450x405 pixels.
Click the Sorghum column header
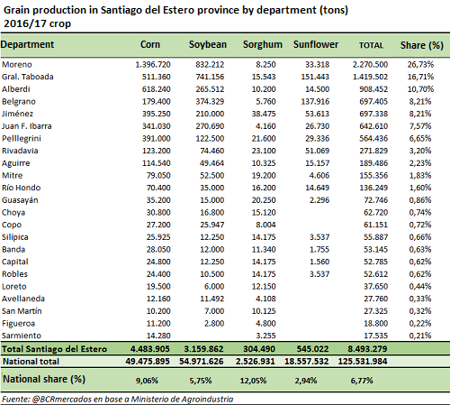point(263,44)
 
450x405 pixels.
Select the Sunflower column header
point(316,44)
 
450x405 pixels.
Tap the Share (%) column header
point(422,45)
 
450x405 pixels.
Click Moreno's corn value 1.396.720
point(153,64)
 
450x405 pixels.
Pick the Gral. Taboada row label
point(28,77)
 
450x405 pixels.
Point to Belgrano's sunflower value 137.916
point(315,101)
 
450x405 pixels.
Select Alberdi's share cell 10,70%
point(420,89)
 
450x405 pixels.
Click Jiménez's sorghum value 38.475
point(264,114)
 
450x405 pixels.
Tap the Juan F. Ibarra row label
point(27,126)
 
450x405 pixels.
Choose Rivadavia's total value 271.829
point(373,151)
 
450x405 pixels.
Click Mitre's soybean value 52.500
point(211,175)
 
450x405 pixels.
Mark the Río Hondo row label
point(21,188)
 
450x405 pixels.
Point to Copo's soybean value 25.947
point(211,225)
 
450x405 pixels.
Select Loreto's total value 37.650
point(375,286)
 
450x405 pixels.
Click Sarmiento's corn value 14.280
point(158,336)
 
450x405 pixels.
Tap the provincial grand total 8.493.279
point(367,349)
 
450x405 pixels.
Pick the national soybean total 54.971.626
point(202,361)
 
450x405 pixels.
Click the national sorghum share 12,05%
point(253,381)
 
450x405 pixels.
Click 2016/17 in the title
point(25,23)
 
